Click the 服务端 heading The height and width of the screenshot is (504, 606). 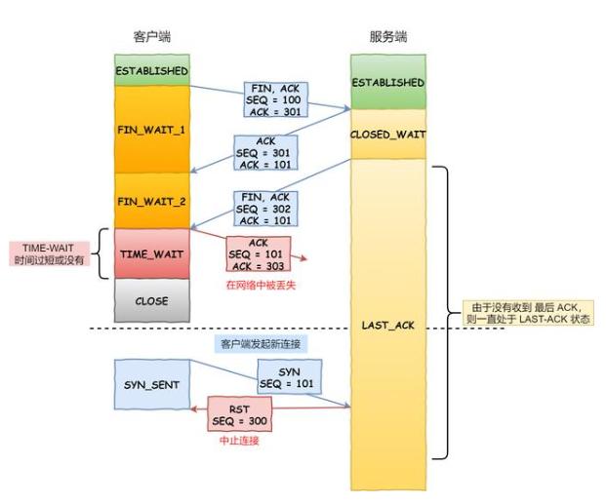tap(389, 37)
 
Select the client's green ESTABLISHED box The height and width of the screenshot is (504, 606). tap(150, 71)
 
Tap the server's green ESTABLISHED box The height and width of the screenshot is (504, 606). tap(388, 83)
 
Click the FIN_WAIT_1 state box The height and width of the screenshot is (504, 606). tap(150, 129)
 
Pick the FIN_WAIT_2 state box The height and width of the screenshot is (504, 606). tap(150, 202)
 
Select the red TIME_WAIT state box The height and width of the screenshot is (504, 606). tap(150, 253)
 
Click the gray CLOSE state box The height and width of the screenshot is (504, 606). tap(150, 301)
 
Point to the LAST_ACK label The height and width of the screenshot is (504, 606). tap(388, 324)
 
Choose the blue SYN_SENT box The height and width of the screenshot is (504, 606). tap(150, 385)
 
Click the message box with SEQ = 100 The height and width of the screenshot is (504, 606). tap(278, 100)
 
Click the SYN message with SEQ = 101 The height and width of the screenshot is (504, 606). tap(289, 376)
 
